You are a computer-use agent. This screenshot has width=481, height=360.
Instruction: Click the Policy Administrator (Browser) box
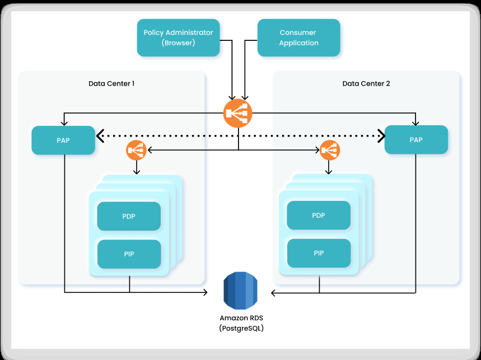coord(178,38)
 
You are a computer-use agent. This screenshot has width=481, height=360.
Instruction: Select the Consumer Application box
coord(298,38)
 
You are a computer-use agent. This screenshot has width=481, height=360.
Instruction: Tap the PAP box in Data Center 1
coord(63,140)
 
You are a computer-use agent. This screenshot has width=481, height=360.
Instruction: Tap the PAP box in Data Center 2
coord(416,139)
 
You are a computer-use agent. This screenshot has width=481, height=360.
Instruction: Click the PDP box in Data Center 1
coord(129,216)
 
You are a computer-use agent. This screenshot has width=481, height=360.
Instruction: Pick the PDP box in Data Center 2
coord(319,215)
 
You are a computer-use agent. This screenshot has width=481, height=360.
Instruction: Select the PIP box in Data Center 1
coord(129,254)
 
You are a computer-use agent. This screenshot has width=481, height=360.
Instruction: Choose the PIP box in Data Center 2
coord(319,253)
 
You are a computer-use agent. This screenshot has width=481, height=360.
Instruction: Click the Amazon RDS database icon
coord(240,291)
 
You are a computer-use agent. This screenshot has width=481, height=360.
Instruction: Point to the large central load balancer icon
coord(238,114)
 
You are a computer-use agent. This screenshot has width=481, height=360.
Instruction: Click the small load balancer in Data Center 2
coord(330,150)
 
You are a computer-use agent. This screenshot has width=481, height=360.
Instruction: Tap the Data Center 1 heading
coord(111,83)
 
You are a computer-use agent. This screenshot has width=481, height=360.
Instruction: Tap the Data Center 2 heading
coord(366,83)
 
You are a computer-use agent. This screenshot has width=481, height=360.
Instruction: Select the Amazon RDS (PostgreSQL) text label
coord(241,323)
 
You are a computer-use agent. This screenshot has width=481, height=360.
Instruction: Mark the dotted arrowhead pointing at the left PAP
coord(99,135)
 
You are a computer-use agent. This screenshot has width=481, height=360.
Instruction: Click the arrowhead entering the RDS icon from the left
coord(205,292)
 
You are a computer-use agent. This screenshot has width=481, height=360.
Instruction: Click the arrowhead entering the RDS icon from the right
coord(274,292)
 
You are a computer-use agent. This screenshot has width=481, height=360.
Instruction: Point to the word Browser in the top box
coord(178,43)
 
